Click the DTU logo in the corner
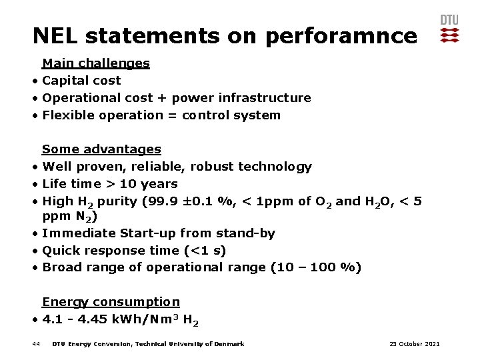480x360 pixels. pyautogui.click(x=449, y=29)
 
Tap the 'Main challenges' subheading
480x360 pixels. pyautogui.click(x=95, y=63)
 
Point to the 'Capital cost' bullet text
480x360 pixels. pyautogui.click(x=81, y=81)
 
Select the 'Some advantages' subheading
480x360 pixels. pyautogui.click(x=101, y=149)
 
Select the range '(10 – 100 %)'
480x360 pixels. pyautogui.click(x=316, y=268)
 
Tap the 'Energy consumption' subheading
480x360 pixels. pyautogui.click(x=111, y=303)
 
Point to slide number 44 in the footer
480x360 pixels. pyautogui.click(x=36, y=344)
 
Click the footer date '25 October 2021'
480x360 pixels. pyautogui.click(x=414, y=344)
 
